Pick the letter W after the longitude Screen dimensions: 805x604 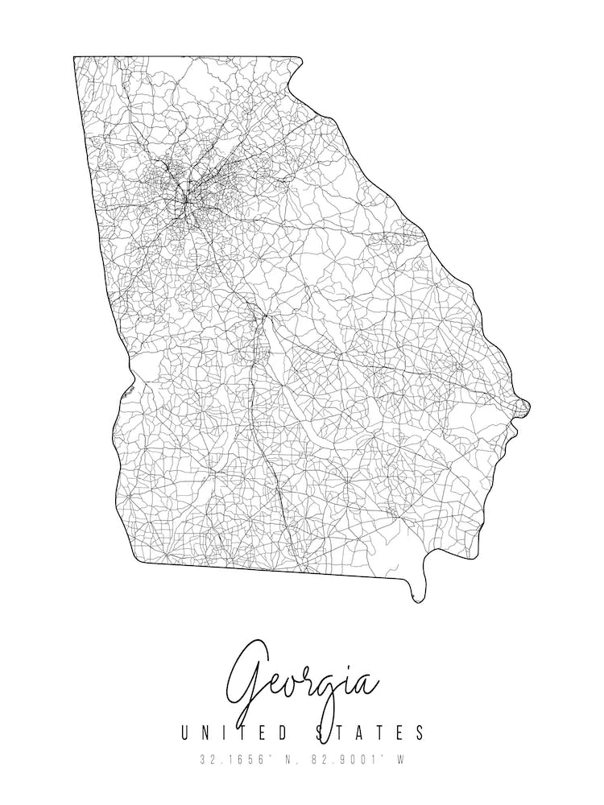coord(399,759)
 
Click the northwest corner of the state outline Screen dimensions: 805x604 coord(74,57)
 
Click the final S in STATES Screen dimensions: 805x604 coord(419,733)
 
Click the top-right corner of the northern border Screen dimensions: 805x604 coord(301,58)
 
